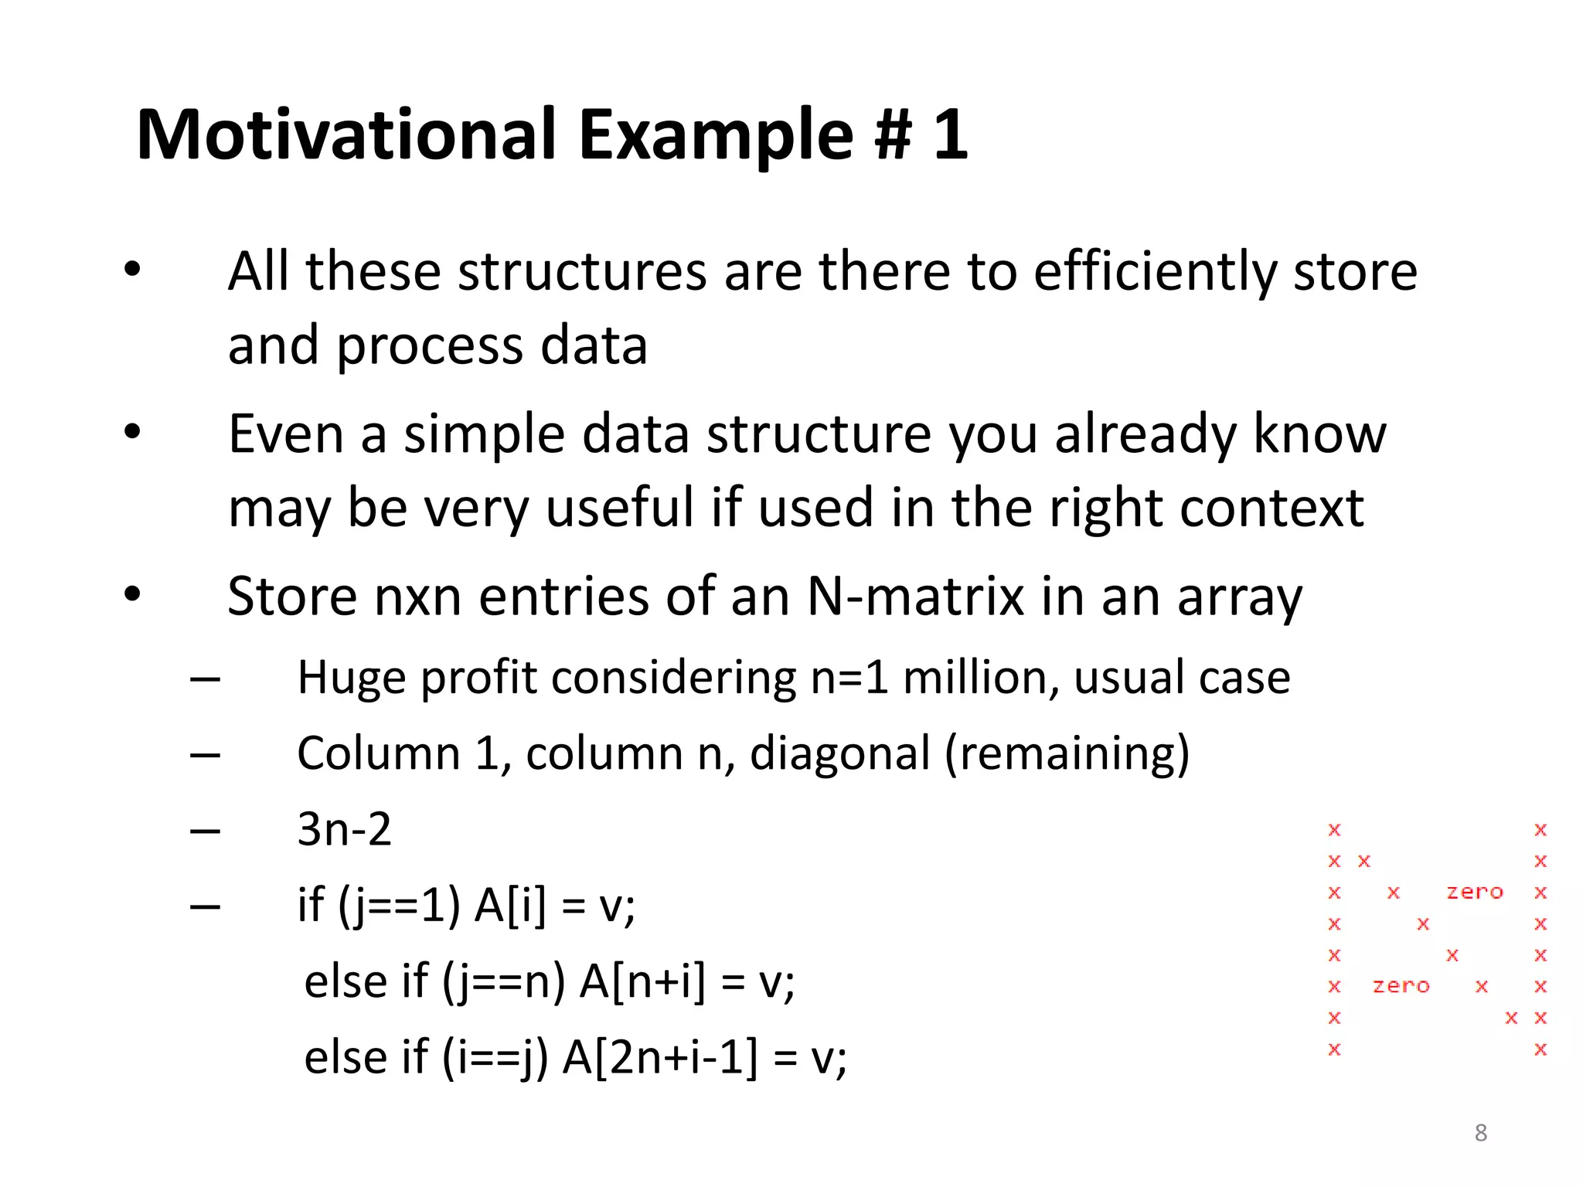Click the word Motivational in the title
[x=346, y=134]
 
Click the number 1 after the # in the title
[x=950, y=134]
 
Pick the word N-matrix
[x=915, y=597]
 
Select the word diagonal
[x=839, y=753]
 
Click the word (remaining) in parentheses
[x=1067, y=753]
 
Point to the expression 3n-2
[x=345, y=829]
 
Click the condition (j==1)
[x=400, y=905]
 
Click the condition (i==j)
[x=495, y=1057]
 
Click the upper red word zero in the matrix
[x=1475, y=893]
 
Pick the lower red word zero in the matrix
[x=1401, y=986]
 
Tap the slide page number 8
[x=1480, y=1133]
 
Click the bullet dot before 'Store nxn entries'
[x=133, y=594]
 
